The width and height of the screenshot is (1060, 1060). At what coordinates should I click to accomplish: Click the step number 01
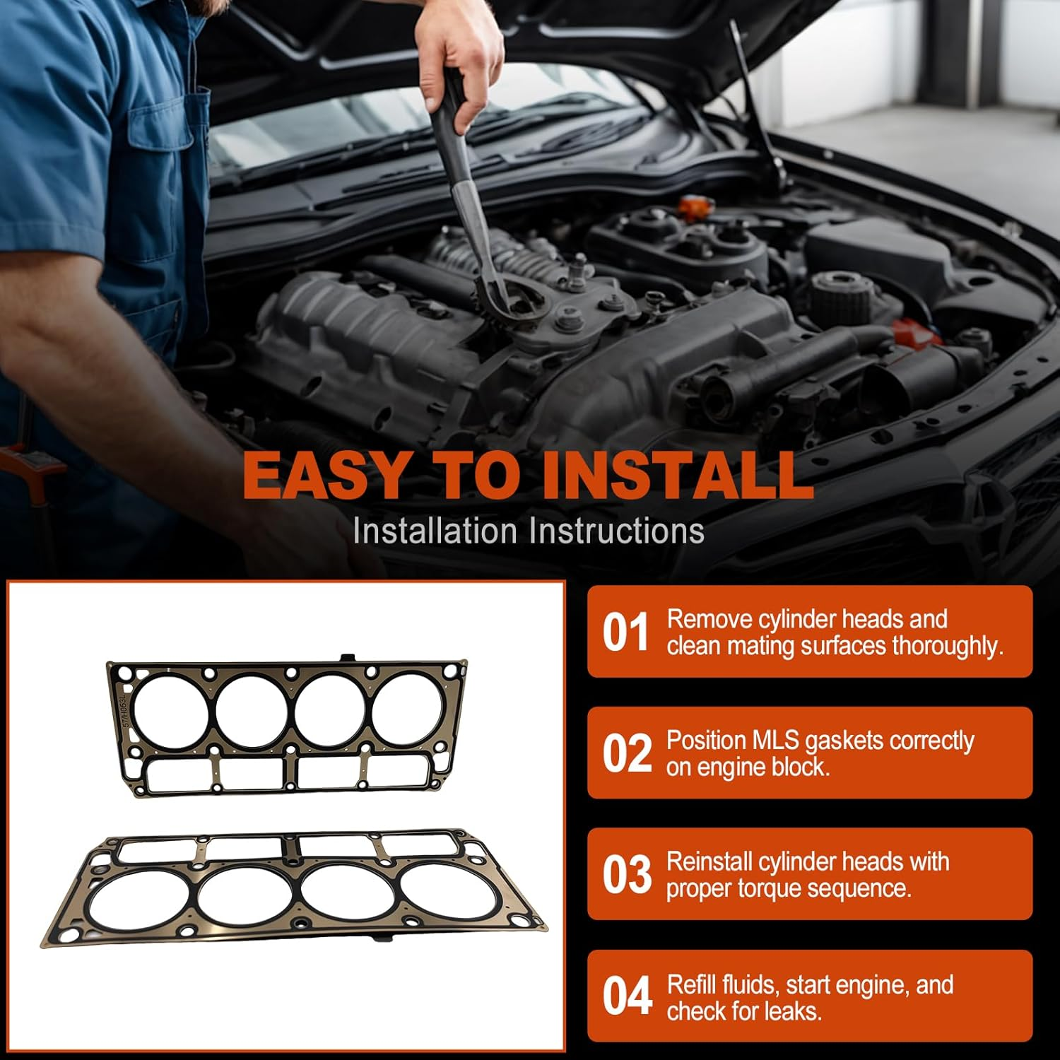tap(625, 632)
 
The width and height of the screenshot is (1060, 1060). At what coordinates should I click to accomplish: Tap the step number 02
tap(627, 753)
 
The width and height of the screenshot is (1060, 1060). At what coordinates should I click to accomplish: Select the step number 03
tap(627, 874)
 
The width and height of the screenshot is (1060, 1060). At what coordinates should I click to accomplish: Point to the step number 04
tap(627, 996)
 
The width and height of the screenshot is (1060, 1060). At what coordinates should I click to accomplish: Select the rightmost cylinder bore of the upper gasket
tap(404, 709)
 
